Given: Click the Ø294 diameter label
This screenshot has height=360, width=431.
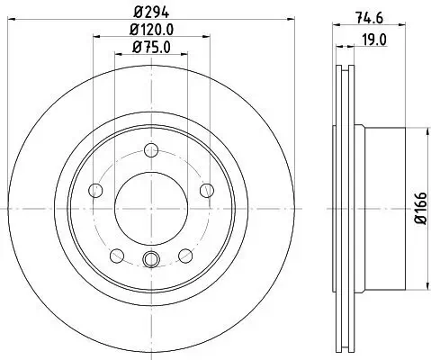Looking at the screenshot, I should (150, 13).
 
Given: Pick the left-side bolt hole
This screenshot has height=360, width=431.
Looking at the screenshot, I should (95, 190).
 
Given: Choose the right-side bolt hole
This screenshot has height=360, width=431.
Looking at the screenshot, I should (206, 189).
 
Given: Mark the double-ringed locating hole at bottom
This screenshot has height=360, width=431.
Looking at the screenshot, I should (150, 260).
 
